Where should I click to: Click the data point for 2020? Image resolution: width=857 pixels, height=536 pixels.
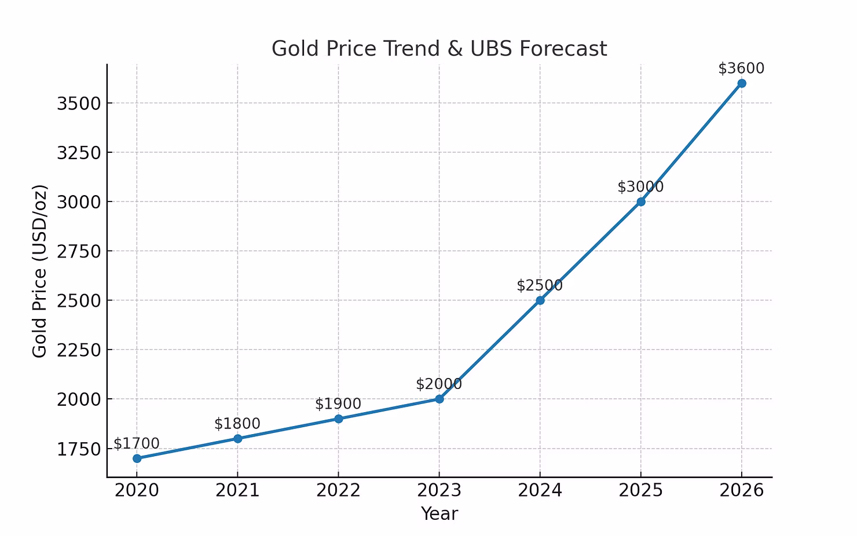pos(137,458)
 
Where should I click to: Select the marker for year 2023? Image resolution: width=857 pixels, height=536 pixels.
pos(440,399)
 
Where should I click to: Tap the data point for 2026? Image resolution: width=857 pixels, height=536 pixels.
pos(742,83)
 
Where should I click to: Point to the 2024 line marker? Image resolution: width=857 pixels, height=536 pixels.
pos(540,300)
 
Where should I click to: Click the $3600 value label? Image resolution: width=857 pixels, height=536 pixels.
pos(741,68)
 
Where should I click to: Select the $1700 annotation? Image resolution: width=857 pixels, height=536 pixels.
pos(137,444)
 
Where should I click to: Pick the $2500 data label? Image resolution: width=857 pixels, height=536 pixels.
pos(540,285)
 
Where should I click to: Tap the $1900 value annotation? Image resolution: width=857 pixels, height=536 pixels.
pos(338,404)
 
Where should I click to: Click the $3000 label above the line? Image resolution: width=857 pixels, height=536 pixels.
pos(640,187)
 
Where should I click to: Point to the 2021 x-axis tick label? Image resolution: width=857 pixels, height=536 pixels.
pos(237,491)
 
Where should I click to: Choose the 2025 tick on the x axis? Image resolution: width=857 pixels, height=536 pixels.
pos(640,491)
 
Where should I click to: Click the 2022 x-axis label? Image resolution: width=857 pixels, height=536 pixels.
pos(338,491)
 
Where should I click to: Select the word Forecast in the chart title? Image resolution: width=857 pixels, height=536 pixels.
pos(563,49)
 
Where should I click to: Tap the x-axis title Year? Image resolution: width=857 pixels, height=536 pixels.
pos(440,514)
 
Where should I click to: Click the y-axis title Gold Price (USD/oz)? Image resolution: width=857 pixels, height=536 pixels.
pos(39,271)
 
